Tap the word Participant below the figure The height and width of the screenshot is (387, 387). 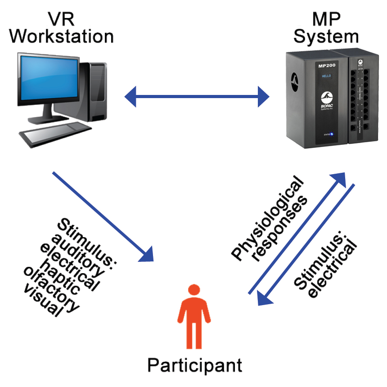pyautogui.click(x=194, y=364)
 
